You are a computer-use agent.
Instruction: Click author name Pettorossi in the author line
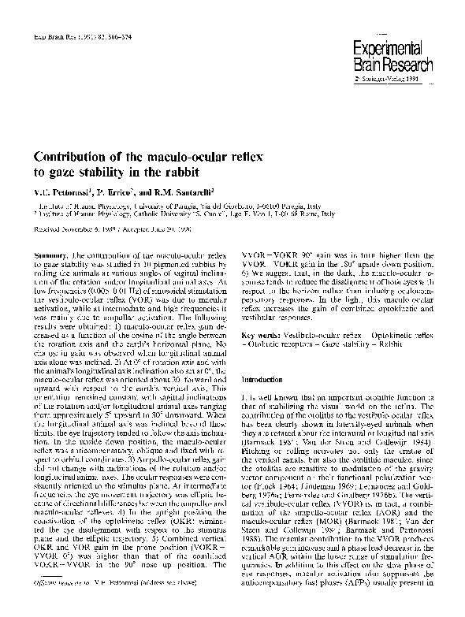(x=66, y=191)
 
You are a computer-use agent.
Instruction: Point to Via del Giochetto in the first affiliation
(x=268, y=203)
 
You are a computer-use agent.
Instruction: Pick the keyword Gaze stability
(x=357, y=322)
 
